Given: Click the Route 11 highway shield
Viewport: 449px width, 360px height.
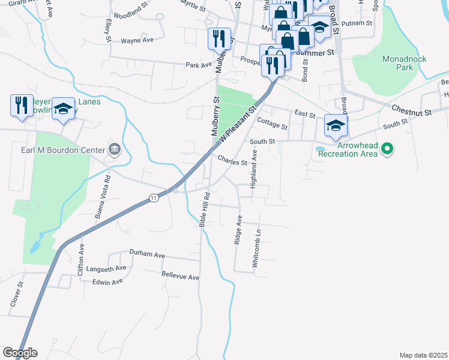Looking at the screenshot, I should pos(154,198).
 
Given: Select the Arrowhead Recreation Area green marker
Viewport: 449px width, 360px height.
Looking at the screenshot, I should pos(387,148).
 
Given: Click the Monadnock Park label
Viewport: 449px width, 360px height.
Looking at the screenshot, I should pos(397,63).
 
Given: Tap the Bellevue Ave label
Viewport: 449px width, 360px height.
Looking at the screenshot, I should pos(180,277).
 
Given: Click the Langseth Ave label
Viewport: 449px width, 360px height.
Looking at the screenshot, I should pos(106,268).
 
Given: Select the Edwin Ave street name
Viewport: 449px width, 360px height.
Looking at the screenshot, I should pos(108,281).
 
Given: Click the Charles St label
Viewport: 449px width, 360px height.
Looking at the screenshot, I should pos(233,162).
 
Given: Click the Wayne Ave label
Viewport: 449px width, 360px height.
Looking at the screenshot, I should pos(137,40).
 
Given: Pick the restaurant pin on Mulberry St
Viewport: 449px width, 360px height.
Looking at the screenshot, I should pos(218,39).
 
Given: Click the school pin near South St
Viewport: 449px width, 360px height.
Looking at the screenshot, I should pos(336,125).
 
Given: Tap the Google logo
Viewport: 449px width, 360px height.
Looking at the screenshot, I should pos(20,353).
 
